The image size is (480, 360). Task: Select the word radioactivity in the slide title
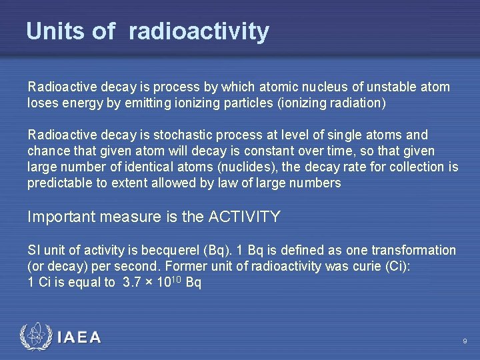(x=199, y=31)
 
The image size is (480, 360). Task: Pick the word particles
(x=247, y=103)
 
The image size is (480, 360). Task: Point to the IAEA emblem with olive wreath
(x=34, y=337)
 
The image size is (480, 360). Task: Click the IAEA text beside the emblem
(x=79, y=337)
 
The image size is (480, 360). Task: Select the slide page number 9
(x=465, y=342)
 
